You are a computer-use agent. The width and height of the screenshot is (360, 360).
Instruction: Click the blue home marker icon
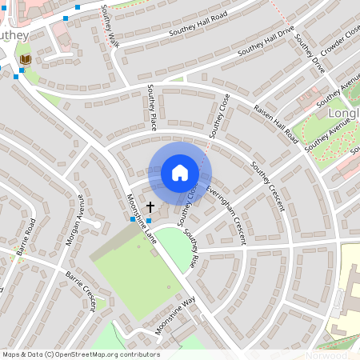pyautogui.click(x=180, y=173)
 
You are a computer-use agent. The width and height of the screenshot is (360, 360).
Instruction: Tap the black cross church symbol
pyautogui.click(x=150, y=207)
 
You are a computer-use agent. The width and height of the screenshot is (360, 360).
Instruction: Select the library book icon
pyautogui.click(x=25, y=59)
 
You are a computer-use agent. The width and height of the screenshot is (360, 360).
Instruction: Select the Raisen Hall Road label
pyautogui.click(x=276, y=124)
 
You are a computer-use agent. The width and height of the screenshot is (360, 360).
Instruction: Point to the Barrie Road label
pyautogui.click(x=29, y=235)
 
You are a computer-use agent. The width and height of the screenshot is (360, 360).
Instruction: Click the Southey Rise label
pyautogui.click(x=190, y=247)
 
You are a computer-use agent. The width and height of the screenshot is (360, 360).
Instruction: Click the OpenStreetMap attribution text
pyautogui.click(x=80, y=354)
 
